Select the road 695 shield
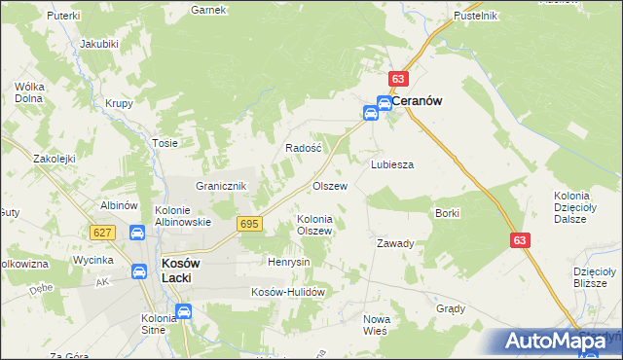[x=248, y=225]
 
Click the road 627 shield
[x=102, y=233]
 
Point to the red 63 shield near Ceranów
[x=398, y=79]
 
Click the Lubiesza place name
[x=392, y=164]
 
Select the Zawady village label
[x=396, y=243]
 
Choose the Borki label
[x=448, y=212]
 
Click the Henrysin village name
[x=288, y=263]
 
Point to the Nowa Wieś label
[x=375, y=325]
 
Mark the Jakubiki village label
[x=98, y=44]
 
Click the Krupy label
[x=119, y=104]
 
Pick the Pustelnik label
[x=476, y=16]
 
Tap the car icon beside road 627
[x=137, y=233]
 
